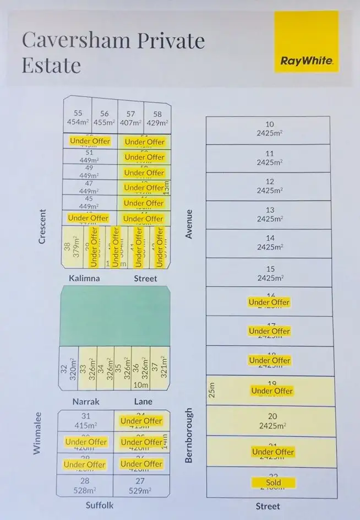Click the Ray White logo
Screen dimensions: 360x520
pyautogui.click(x=306, y=42)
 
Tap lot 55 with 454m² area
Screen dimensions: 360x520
pyautogui.click(x=78, y=118)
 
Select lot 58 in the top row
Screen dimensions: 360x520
pyautogui.click(x=157, y=118)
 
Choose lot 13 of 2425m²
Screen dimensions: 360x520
pyautogui.click(x=269, y=214)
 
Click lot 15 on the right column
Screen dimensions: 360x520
pyautogui.click(x=269, y=273)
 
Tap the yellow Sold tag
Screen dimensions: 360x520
pyautogui.click(x=273, y=483)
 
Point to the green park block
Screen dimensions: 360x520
pyautogui.click(x=114, y=316)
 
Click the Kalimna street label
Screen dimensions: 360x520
pyautogui.click(x=84, y=278)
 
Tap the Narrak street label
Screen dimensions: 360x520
pyautogui.click(x=86, y=402)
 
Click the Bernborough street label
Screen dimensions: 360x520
pyautogui.click(x=189, y=435)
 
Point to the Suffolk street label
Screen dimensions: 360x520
pyautogui.click(x=100, y=505)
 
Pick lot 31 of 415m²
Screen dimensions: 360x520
pyautogui.click(x=86, y=420)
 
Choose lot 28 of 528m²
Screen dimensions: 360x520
pyautogui.click(x=86, y=485)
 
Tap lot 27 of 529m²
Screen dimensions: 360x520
pyautogui.click(x=141, y=485)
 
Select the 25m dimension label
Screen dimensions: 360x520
pyautogui.click(x=212, y=391)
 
